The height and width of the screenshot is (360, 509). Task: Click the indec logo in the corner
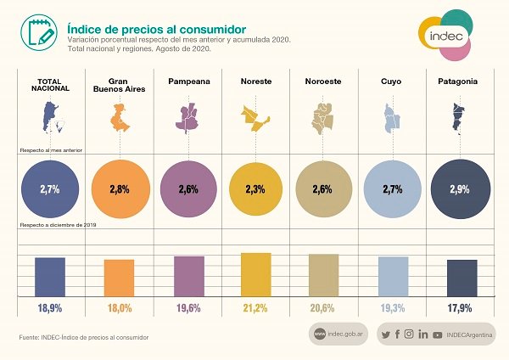(445, 35)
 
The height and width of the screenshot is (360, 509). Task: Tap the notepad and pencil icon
(39, 32)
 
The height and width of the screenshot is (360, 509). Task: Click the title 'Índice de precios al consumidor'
(156, 29)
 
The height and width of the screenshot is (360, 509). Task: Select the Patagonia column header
(458, 82)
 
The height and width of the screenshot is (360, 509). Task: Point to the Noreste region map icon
(255, 118)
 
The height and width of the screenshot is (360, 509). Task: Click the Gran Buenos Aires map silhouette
(120, 117)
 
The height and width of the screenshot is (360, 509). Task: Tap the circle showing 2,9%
(461, 189)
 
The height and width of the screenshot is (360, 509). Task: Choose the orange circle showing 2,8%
(120, 189)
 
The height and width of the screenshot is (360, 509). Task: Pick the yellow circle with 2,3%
(255, 189)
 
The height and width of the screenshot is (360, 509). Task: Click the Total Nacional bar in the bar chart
(50, 277)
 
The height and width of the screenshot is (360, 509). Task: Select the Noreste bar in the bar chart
(256, 274)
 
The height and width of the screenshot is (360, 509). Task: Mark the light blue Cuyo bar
(393, 277)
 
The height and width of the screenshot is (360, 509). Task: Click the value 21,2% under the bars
(255, 308)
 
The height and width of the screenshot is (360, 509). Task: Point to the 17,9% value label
(460, 308)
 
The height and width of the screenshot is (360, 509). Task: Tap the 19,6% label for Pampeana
(188, 308)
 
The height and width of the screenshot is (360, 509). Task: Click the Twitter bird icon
(386, 335)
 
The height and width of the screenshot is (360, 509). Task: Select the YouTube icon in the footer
(437, 335)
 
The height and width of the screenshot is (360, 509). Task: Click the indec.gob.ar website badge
(338, 334)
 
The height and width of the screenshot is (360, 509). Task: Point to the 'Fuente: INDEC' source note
(84, 338)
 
